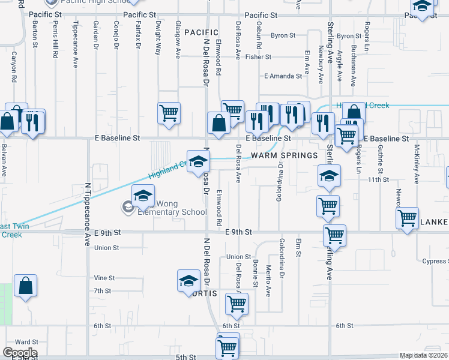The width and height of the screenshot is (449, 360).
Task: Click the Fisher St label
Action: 258,57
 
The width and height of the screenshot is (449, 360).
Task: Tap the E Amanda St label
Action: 283,76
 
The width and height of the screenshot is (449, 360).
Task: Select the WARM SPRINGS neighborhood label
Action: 284,155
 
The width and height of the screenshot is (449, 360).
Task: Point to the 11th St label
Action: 378,179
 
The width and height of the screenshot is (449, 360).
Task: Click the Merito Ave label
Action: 268,281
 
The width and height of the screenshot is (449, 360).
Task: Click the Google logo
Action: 20,353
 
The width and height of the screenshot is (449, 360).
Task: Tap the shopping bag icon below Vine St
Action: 26,287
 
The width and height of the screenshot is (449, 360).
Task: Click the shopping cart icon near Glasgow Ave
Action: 169,112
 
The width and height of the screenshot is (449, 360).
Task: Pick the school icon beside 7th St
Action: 188,281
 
